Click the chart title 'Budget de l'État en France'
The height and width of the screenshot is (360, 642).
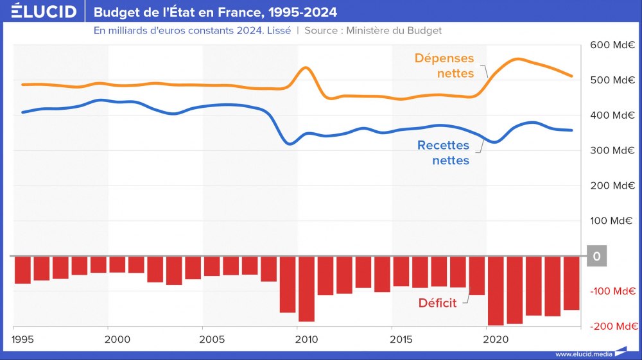pos(215,12)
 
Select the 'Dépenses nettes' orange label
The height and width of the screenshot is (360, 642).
pos(444,66)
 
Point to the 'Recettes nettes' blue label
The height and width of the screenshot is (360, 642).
pos(443,153)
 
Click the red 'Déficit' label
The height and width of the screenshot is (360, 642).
pos(437,303)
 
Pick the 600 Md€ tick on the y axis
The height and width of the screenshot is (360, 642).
pos(613,46)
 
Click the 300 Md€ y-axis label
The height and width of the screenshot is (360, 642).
pos(613,151)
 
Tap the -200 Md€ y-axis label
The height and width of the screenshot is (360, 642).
pos(612,327)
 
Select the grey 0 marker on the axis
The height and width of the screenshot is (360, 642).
pos(597,257)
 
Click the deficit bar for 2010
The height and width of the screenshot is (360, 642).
pos(307,289)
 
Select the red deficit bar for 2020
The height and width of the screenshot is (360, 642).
pos(496,291)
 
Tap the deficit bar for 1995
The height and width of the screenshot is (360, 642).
pos(23,270)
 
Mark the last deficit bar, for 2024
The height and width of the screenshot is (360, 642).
pos(571,283)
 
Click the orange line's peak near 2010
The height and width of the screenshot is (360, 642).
pos(306,67)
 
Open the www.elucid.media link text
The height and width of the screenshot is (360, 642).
pos(582,354)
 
